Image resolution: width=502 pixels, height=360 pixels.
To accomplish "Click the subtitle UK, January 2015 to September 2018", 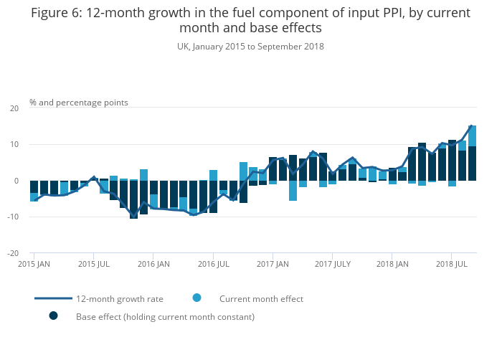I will (x=250, y=47).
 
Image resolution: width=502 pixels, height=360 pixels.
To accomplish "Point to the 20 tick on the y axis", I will (x=14, y=108).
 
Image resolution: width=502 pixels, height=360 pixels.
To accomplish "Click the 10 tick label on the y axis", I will (x=14, y=145).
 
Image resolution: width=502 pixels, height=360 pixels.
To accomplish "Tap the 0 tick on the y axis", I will (x=16, y=181).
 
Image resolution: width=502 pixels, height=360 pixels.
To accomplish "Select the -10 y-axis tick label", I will (x=12, y=217).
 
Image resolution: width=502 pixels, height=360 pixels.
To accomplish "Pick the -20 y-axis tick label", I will (x=12, y=253).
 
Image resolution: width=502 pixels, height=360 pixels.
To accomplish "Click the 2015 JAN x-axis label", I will (x=33, y=264).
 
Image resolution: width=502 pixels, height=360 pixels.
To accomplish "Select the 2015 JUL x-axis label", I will (x=93, y=264).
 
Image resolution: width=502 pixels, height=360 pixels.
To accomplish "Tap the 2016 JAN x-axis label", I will (x=153, y=264).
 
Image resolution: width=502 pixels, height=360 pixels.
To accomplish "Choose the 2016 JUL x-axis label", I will (x=213, y=264).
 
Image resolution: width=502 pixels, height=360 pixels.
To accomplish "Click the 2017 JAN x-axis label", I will (x=273, y=264).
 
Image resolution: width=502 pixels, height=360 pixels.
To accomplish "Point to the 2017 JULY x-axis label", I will (x=333, y=264).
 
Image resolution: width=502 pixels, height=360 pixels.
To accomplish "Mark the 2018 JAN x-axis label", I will (x=392, y=264).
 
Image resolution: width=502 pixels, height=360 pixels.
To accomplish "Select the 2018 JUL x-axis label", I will (x=452, y=264).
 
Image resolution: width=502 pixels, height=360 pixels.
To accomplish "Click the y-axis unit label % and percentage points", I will (x=79, y=103).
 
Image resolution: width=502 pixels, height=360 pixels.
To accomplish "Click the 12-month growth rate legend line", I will (x=53, y=298).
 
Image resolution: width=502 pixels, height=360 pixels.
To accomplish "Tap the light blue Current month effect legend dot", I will (x=196, y=298).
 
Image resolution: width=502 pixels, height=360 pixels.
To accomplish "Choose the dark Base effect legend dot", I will (x=53, y=316).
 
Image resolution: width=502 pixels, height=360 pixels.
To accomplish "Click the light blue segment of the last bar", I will (x=473, y=136).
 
